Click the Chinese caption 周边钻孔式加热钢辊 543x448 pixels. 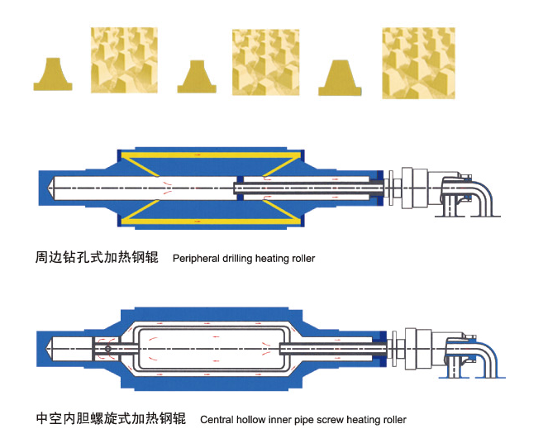97,257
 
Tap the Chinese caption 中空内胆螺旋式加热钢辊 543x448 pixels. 111,418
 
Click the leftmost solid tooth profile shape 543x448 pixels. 53,75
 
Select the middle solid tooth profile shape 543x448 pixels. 197,78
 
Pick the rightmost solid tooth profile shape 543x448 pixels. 340,79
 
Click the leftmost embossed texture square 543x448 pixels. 124,60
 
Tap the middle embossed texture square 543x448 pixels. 265,62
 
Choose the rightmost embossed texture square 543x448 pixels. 418,64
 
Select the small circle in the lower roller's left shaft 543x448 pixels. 108,349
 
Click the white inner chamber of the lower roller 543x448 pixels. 212,349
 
